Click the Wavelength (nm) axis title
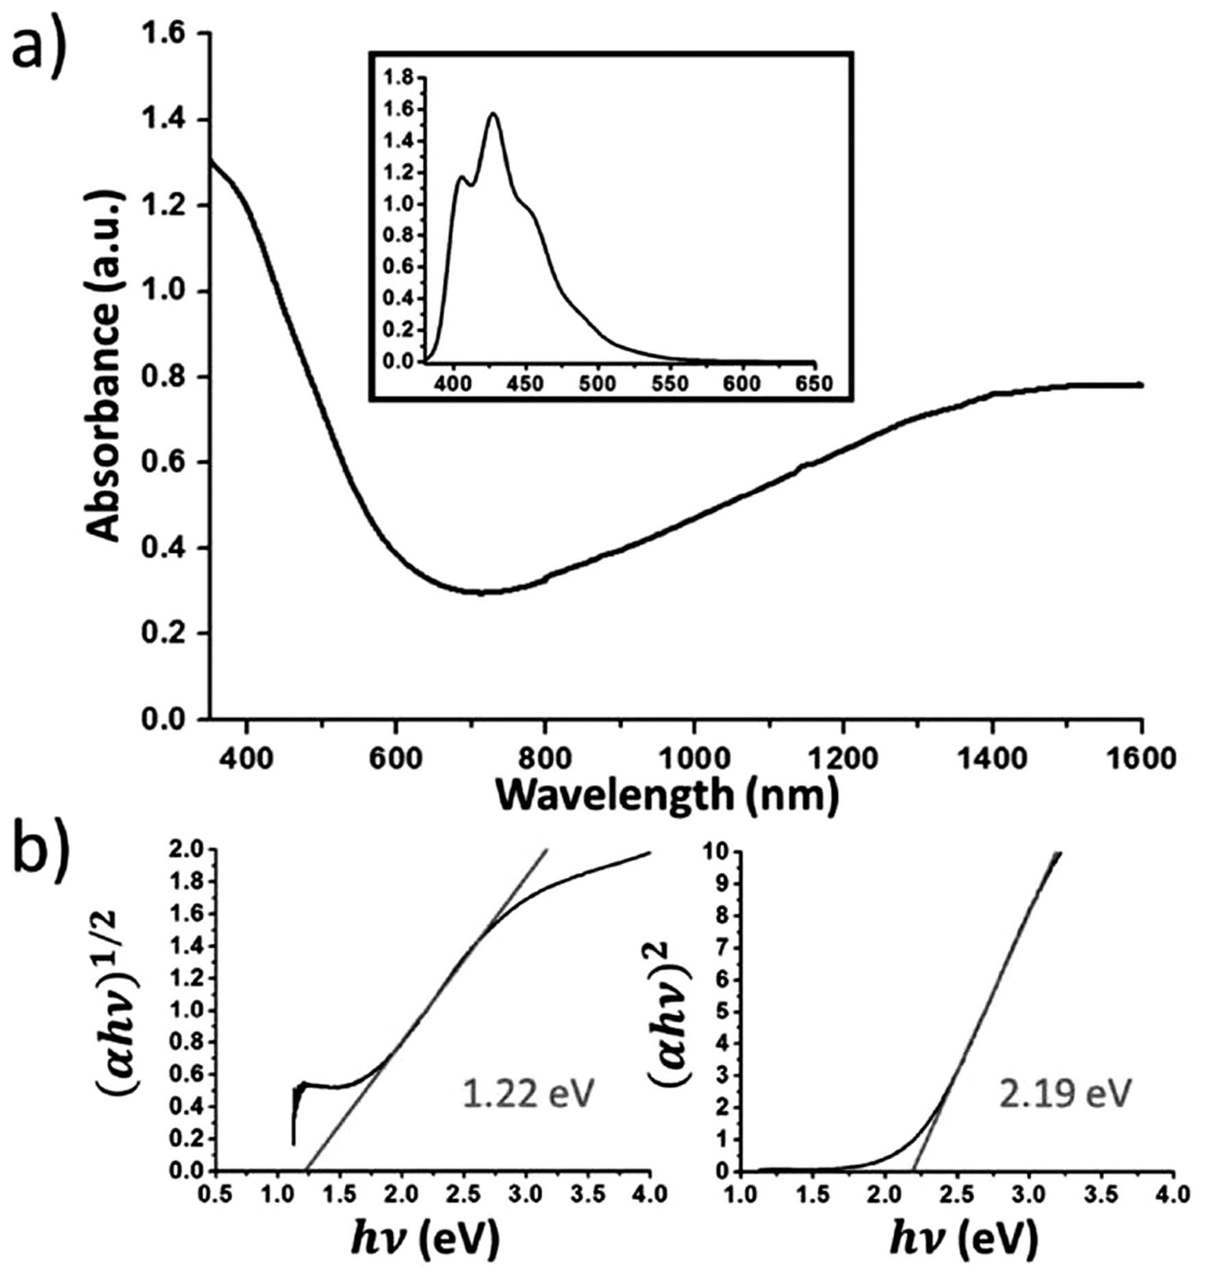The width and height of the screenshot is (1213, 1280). [x=667, y=796]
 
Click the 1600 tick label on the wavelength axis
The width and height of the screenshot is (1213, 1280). [x=1140, y=758]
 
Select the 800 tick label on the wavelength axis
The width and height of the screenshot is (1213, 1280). [x=544, y=758]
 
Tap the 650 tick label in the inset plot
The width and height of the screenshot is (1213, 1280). [x=813, y=383]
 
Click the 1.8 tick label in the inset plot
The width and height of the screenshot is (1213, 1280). [x=398, y=78]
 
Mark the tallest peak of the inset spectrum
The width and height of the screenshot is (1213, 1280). [x=493, y=114]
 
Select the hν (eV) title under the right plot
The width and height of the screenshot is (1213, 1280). [x=964, y=1238]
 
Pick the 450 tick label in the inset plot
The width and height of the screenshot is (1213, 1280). [x=525, y=383]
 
